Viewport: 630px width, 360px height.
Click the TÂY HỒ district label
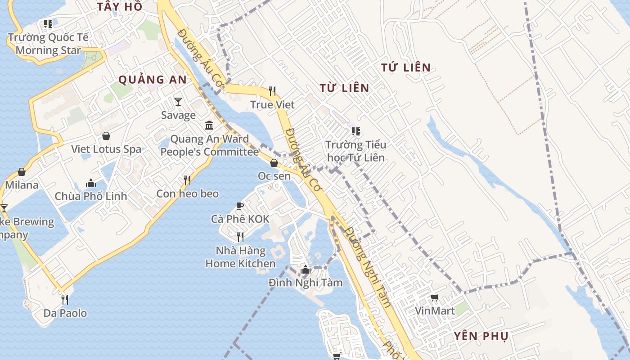120,6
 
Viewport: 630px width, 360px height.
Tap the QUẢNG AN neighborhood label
152,80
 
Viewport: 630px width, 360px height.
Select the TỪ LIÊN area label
344,88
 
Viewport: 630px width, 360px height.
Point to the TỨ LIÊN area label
406,68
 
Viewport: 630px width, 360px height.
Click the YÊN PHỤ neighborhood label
481,336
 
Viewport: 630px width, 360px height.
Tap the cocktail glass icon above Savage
178,102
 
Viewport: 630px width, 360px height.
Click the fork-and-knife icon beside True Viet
272,91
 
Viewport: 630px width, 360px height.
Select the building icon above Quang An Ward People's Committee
209,125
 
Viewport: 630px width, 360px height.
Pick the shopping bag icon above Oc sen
274,162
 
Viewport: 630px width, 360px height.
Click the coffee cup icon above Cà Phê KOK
240,206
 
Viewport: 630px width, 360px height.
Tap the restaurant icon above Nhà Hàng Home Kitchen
240,237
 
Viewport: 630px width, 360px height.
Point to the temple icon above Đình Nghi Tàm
306,270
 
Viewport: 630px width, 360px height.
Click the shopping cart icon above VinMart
434,297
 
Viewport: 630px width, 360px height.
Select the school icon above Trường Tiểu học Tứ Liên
356,131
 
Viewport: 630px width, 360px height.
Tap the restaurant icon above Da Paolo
65,299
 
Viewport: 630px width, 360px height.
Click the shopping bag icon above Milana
22,171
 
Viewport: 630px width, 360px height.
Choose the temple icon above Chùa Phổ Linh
91,183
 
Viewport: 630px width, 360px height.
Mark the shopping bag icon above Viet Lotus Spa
106,135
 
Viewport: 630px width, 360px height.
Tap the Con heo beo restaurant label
187,194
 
